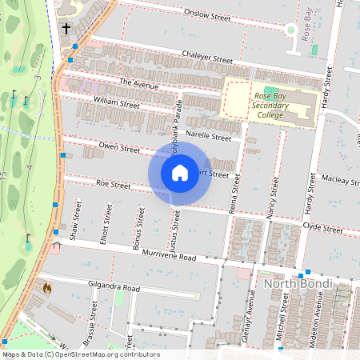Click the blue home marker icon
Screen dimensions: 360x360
pyautogui.click(x=180, y=172)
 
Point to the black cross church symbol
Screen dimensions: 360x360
pyautogui.click(x=66, y=29)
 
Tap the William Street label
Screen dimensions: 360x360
pyautogui.click(x=117, y=103)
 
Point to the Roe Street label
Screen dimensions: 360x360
pyautogui.click(x=113, y=185)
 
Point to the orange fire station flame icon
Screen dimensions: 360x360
pyautogui.click(x=46, y=286)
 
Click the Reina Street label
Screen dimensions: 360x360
pyautogui.click(x=235, y=190)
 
